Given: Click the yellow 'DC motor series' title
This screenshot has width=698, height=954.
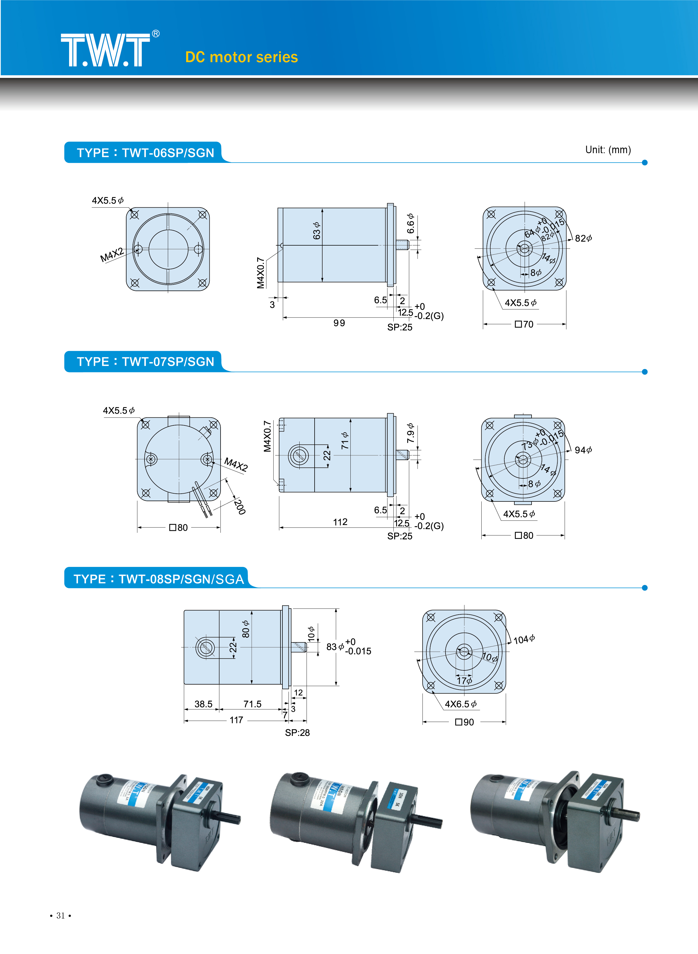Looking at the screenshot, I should pos(241,57).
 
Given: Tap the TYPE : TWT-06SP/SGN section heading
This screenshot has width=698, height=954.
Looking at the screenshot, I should pos(145,153).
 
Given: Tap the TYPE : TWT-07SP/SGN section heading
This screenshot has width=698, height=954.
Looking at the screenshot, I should pos(145,362).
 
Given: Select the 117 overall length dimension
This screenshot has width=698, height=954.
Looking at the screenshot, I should pos(236,720).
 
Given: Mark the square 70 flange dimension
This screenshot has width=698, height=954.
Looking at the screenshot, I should pos(524,324).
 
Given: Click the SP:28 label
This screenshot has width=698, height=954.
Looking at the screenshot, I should pos(297,733).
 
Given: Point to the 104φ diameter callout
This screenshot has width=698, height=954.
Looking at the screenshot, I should pos(524,639).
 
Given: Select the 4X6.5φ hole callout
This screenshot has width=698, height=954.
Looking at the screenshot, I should pos(461,704).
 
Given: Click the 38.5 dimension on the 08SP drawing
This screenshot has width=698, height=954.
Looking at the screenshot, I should pos(203,704).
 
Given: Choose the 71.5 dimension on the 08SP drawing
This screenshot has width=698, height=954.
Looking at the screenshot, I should pos(252,704).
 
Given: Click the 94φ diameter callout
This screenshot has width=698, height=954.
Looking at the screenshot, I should pos(583,450).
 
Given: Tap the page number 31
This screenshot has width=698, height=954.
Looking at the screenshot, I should pos(60,915).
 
